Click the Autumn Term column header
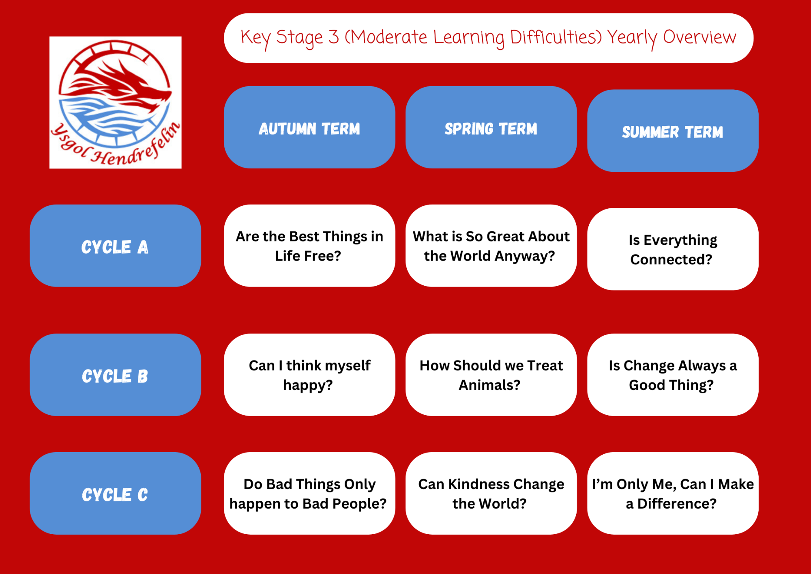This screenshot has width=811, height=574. coord(309,127)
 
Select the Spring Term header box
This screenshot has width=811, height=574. coord(491,127)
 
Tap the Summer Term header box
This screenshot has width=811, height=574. coord(673,131)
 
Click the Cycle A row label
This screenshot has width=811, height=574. coord(115,246)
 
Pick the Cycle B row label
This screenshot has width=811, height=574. coord(115,375)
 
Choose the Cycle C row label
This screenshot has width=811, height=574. coord(115,493)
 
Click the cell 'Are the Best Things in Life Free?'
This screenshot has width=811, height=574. coord(309,246)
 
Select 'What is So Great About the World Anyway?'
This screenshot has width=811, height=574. coord(491,246)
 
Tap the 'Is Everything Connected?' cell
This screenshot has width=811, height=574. coord(673,249)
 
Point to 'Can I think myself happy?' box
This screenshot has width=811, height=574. coord(309,375)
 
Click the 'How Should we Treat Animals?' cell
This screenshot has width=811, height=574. coord(491,375)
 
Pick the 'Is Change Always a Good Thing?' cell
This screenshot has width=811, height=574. coord(673,375)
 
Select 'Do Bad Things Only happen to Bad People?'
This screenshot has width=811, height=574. coord(309,493)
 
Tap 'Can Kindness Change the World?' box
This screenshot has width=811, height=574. coord(491,493)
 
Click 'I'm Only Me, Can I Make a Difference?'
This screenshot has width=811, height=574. coord(673,493)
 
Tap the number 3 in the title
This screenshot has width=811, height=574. coord(333,37)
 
